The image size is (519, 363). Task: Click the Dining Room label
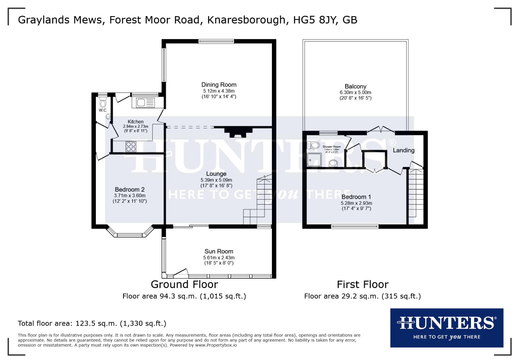tap(219, 85)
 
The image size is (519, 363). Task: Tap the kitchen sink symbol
tap(144, 102)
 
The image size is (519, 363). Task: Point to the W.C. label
tap(103, 110)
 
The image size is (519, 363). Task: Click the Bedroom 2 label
tap(129, 190)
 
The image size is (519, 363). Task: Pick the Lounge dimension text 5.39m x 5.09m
tap(216, 180)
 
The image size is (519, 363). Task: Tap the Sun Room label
tap(219, 251)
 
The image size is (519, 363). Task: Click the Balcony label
tap(355, 86)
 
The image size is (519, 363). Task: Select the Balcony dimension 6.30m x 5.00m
tap(355, 92)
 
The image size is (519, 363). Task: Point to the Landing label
tap(403, 150)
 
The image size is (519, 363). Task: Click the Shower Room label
tap(331, 147)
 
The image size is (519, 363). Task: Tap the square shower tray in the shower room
tap(314, 160)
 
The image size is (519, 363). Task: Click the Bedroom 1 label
tap(356, 197)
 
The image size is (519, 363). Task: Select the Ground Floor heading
tap(184, 284)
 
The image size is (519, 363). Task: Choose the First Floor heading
tap(362, 284)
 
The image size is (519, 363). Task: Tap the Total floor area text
tap(92, 324)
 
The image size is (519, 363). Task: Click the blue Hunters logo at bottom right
tap(446, 328)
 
